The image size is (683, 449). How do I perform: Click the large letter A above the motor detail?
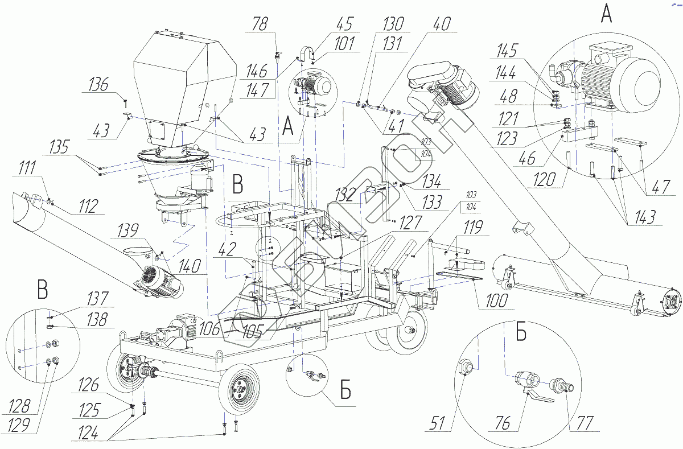pyautogui.click(x=607, y=14)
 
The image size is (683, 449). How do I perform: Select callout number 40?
pyautogui.click(x=440, y=24)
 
